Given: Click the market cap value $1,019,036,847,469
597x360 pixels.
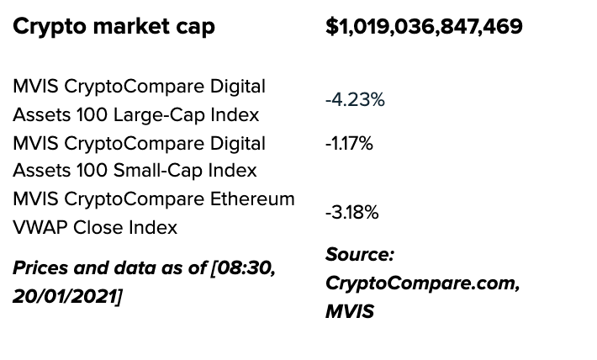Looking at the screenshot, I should [424, 27].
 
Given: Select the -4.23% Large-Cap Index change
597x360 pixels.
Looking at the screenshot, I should [355, 100].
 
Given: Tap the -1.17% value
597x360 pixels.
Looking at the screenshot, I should [349, 144].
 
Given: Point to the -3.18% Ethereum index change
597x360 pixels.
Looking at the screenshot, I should [351, 213].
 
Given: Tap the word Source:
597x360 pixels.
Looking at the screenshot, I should [360, 255].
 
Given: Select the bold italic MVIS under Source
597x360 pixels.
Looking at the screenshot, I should [349, 312].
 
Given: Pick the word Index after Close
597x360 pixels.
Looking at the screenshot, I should [153, 227].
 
